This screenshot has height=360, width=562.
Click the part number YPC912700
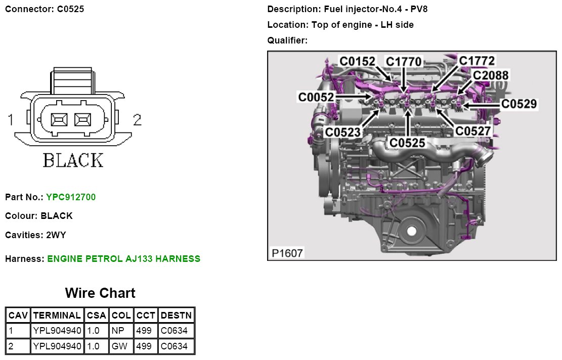coord(71,197)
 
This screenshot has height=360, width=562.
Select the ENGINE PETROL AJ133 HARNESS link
coord(124,259)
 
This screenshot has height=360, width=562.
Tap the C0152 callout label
coord(358,62)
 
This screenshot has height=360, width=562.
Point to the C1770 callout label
coord(404,62)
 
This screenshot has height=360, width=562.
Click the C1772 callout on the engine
coord(477,61)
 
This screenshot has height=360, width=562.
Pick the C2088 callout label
coord(490,76)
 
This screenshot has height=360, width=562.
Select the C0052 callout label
coord(316,97)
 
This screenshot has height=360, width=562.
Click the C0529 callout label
coord(519,104)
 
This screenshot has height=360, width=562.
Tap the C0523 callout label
coord(343,132)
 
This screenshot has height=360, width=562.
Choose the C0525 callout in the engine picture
coord(407,143)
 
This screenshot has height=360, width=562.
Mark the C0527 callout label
coord(473,131)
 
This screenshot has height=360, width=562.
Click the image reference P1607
coord(287,253)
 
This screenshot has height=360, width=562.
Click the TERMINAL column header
coord(57,316)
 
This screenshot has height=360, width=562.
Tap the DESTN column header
coord(176,316)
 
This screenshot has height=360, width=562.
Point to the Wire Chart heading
coord(100,293)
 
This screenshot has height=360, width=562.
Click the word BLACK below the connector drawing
coord(73,160)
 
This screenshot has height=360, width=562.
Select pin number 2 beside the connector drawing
coord(137,120)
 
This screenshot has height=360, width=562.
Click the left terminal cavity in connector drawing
coord(60,120)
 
